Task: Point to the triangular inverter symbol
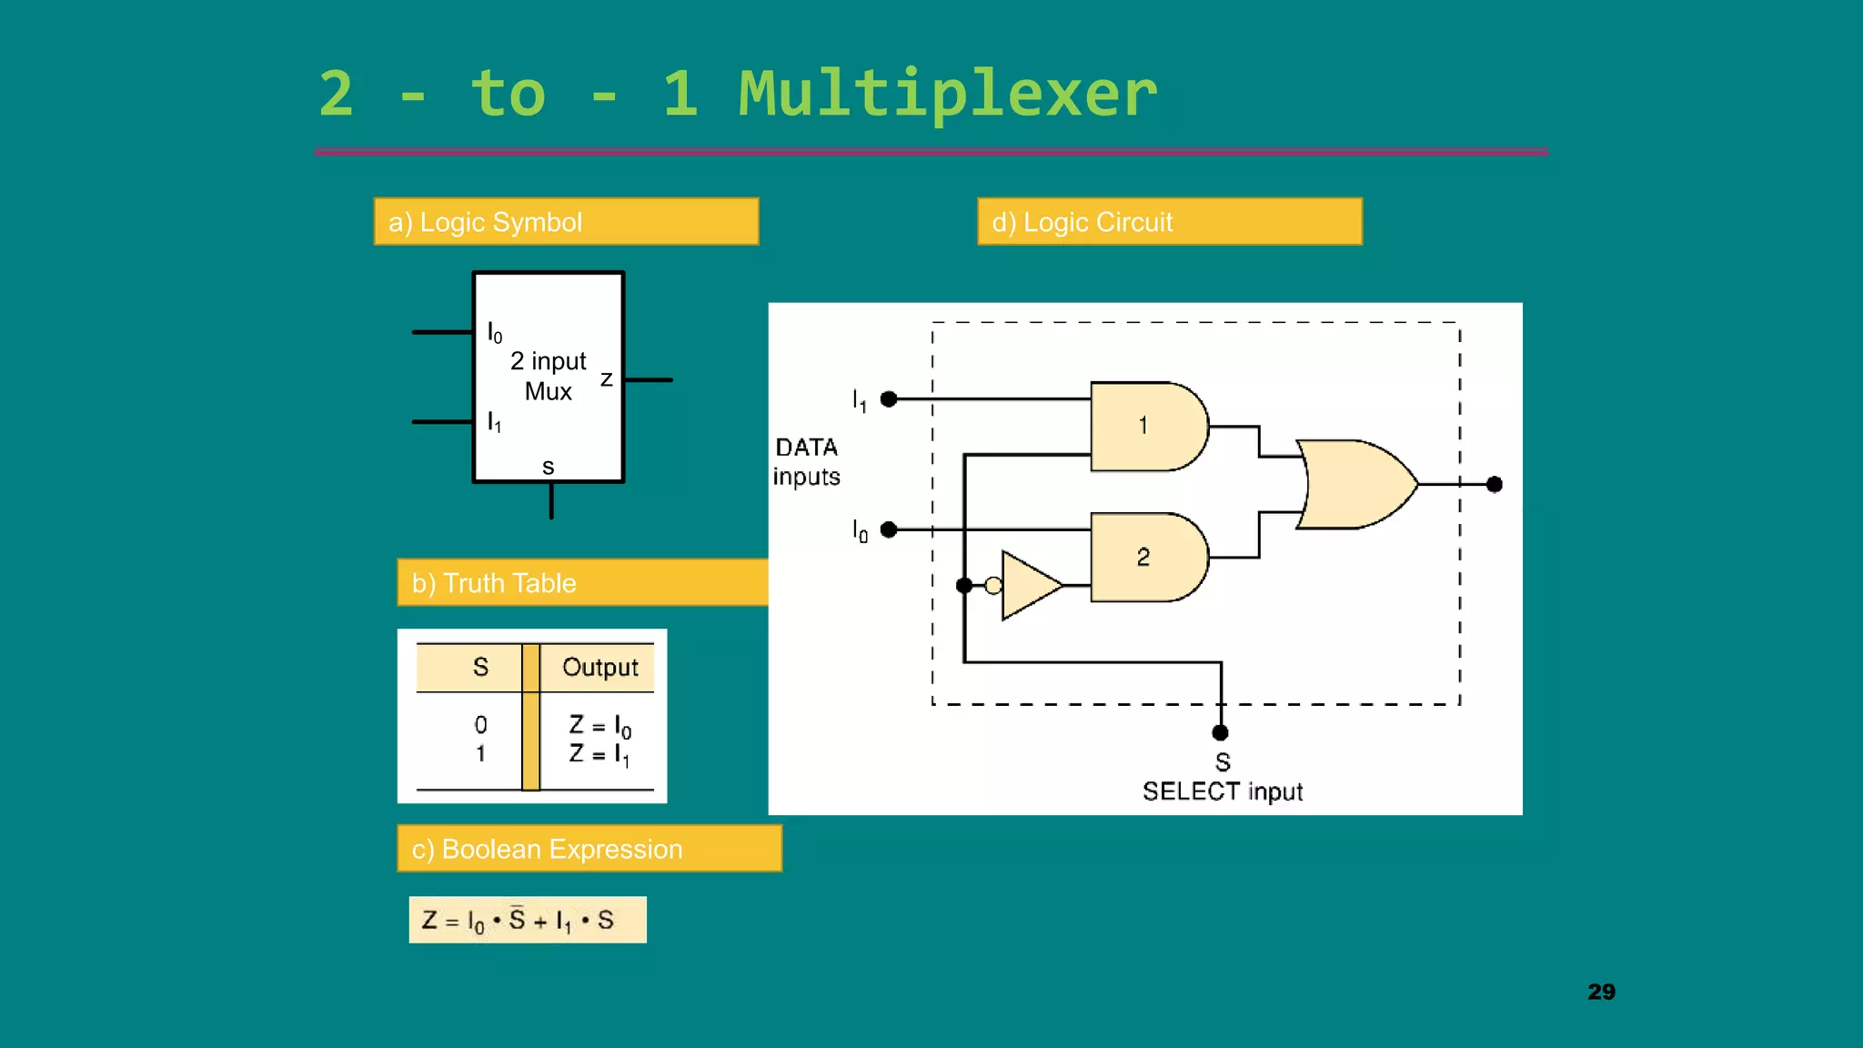pyautogui.click(x=1030, y=585)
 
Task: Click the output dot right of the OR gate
pyautogui.click(x=1494, y=484)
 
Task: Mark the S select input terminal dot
pyautogui.click(x=1221, y=732)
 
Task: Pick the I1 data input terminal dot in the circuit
pyautogui.click(x=889, y=398)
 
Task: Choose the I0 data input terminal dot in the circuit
pyautogui.click(x=889, y=529)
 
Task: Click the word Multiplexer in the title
pyautogui.click(x=947, y=95)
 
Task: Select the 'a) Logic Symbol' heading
pyautogui.click(x=485, y=222)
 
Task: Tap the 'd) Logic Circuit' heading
pyautogui.click(x=1082, y=222)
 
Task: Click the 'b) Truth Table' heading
pyautogui.click(x=494, y=583)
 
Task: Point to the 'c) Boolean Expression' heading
pyautogui.click(x=547, y=849)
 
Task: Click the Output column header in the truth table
pyautogui.click(x=599, y=667)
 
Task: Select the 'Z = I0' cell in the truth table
pyautogui.click(x=599, y=725)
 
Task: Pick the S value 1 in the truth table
pyautogui.click(x=480, y=753)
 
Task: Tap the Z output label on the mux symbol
pyautogui.click(x=606, y=378)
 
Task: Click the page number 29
pyautogui.click(x=1601, y=992)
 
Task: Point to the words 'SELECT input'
pyautogui.click(x=1222, y=791)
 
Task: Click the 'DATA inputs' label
pyautogui.click(x=806, y=461)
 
